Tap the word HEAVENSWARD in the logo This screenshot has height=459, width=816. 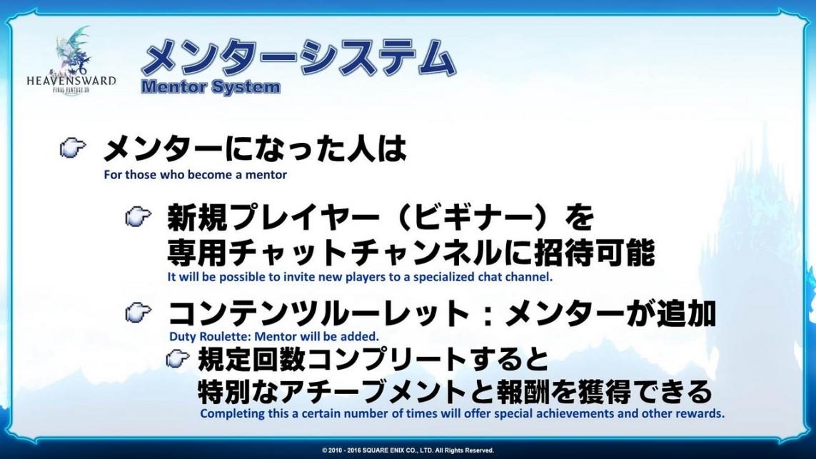(x=71, y=81)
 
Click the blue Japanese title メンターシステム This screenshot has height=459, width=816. (x=298, y=56)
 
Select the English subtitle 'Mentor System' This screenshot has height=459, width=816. (x=211, y=87)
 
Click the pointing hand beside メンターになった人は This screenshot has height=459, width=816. (x=73, y=148)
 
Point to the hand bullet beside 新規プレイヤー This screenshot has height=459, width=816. (x=138, y=216)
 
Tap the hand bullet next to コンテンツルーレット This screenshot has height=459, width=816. (x=138, y=312)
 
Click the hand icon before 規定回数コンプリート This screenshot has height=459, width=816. (x=178, y=358)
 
